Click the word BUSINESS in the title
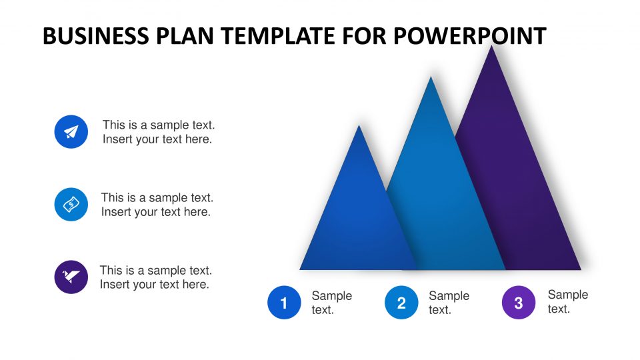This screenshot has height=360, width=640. pyautogui.click(x=96, y=36)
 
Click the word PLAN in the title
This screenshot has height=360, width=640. pyautogui.click(x=185, y=36)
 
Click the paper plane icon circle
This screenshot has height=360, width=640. pyautogui.click(x=71, y=131)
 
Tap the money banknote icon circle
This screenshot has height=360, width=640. pyautogui.click(x=71, y=204)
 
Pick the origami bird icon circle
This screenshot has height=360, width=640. pyautogui.click(x=71, y=277)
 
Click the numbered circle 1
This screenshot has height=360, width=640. pyautogui.click(x=284, y=303)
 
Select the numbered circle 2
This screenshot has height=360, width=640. pyautogui.click(x=401, y=303)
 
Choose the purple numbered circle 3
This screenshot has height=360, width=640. pyautogui.click(x=519, y=303)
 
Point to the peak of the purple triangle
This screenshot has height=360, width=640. pyautogui.click(x=492, y=46)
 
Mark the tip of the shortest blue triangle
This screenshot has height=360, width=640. pyautogui.click(x=359, y=125)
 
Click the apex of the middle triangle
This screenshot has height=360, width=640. pyautogui.click(x=431, y=77)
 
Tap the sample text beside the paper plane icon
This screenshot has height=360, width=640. pyautogui.click(x=159, y=132)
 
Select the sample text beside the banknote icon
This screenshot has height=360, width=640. pyautogui.click(x=157, y=205)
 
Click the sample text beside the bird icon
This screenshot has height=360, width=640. pyautogui.click(x=156, y=277)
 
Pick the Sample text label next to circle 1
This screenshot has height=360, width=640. pyautogui.click(x=332, y=303)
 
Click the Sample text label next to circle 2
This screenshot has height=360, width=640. pyautogui.click(x=449, y=303)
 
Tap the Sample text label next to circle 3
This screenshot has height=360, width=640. pyautogui.click(x=568, y=301)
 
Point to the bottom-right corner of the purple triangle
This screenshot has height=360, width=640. pyautogui.click(x=581, y=269)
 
